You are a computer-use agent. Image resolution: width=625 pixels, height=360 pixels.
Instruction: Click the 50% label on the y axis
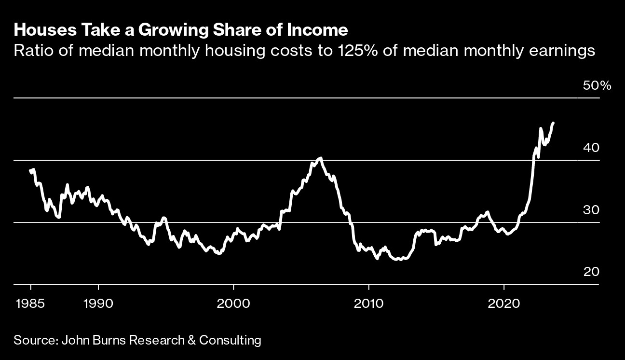pos(597,86)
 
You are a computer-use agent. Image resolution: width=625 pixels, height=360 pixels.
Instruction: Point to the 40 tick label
pos(591,148)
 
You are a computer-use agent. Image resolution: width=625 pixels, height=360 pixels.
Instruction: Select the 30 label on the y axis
pos(591,210)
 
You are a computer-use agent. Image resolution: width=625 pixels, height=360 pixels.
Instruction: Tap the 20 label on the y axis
pos(591,272)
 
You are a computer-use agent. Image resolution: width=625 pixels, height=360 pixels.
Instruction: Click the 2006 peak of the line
pos(321,158)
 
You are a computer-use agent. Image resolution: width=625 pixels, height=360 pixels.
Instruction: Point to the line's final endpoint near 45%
pos(553,123)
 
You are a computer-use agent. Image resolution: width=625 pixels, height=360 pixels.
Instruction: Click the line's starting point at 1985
pos(30,170)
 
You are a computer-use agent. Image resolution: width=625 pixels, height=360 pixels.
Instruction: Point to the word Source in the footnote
pos(34,340)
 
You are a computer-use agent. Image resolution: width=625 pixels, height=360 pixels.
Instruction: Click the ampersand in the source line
pos(191,340)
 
